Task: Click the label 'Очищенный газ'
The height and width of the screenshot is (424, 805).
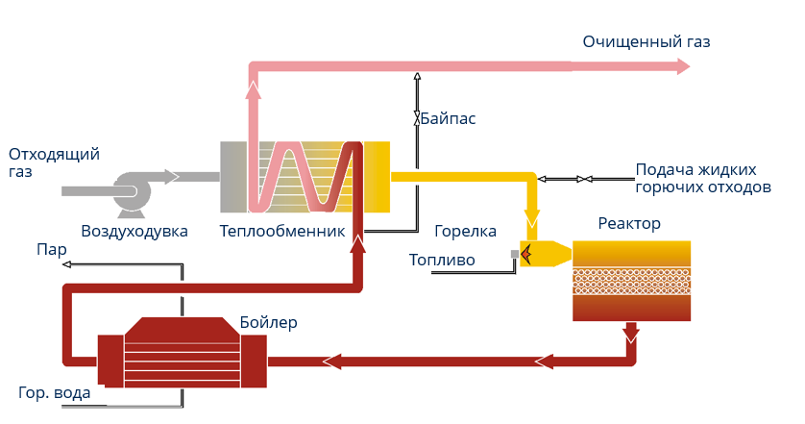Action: click(x=646, y=42)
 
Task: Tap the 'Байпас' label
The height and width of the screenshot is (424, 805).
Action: click(x=448, y=119)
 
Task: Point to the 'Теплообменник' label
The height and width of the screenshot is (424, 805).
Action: click(x=281, y=231)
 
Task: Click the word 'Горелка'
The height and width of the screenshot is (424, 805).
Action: click(x=465, y=231)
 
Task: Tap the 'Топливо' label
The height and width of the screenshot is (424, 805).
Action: click(x=442, y=260)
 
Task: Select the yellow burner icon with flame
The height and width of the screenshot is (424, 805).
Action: click(x=541, y=254)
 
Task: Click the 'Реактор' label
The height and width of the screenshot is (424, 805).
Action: click(x=629, y=224)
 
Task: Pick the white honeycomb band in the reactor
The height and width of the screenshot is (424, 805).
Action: click(x=631, y=281)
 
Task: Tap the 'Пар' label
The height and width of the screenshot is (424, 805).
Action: click(x=51, y=250)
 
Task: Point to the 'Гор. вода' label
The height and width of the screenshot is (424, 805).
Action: click(x=55, y=393)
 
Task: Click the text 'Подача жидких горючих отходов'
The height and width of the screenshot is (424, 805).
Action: click(x=703, y=178)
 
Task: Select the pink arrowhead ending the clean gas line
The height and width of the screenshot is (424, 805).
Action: click(x=682, y=66)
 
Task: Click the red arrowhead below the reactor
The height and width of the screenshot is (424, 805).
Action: click(x=631, y=335)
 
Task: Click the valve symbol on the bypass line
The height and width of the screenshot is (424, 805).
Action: click(x=417, y=119)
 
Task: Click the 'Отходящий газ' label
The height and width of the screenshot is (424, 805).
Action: click(x=54, y=162)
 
